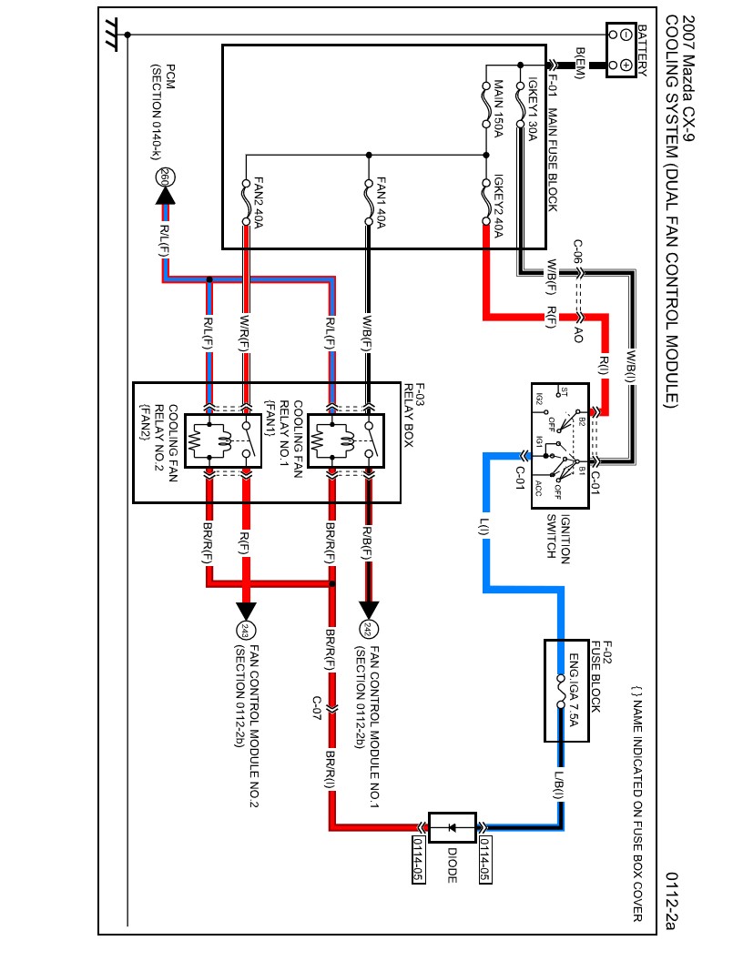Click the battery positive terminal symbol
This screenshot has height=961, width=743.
[626, 66]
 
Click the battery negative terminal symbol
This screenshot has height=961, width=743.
[626, 35]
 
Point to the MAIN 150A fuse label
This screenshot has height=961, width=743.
[499, 110]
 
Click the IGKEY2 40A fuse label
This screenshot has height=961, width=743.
[499, 207]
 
